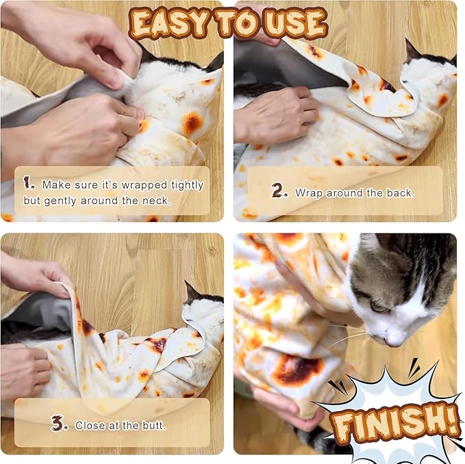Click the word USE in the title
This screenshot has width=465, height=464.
[x=295, y=24]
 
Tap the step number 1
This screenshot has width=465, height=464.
[x=29, y=183]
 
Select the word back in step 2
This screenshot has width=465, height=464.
[x=399, y=193]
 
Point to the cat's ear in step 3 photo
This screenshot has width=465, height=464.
[x=192, y=292]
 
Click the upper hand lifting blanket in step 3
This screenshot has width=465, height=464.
[x=34, y=274]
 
